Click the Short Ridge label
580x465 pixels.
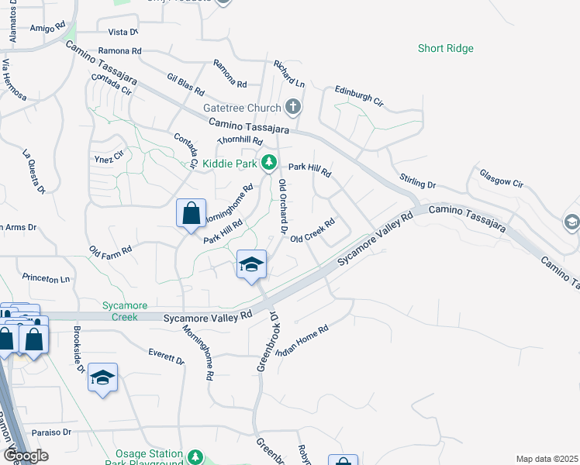tap(445, 48)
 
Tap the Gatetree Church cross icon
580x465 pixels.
tap(292, 106)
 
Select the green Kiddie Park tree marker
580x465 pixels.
tap(268, 163)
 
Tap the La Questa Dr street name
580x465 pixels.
tap(35, 170)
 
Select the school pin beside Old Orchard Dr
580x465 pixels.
tap(251, 265)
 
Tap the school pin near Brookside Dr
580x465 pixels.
tap(102, 378)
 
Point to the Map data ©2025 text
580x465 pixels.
tap(547, 459)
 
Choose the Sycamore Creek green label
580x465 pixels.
tap(120, 311)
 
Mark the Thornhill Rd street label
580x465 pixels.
tap(240, 140)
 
